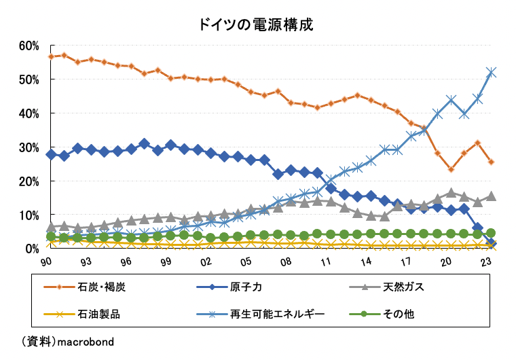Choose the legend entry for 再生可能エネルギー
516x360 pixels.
pyautogui.click(x=271, y=314)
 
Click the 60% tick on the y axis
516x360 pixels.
pyautogui.click(x=29, y=46)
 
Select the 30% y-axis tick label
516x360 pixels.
pyautogui.click(x=29, y=147)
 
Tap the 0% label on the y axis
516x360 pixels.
pyautogui.click(x=32, y=249)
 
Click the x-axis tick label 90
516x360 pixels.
pyautogui.click(x=46, y=262)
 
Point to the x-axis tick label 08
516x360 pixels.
pyautogui.click(x=286, y=262)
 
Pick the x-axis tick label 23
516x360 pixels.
pyautogui.click(x=486, y=262)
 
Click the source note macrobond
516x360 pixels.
pyautogui.click(x=84, y=340)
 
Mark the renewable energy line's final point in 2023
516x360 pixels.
pyautogui.click(x=492, y=72)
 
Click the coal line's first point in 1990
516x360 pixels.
pyautogui.click(x=51, y=56)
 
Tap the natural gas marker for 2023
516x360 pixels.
pyautogui.click(x=492, y=196)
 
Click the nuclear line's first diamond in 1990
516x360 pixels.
pyautogui.click(x=51, y=154)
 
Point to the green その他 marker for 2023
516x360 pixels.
pyautogui.click(x=492, y=233)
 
